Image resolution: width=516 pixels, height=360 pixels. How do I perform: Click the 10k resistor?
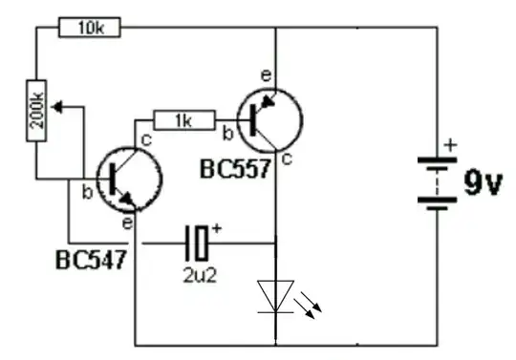(90, 28)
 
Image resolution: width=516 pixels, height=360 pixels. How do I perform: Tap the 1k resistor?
(183, 119)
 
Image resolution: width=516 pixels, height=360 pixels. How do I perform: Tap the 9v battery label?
(482, 183)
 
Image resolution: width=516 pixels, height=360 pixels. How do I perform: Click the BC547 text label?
(94, 259)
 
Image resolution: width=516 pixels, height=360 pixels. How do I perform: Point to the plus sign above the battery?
(450, 145)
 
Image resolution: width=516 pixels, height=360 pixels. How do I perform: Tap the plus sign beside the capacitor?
(217, 228)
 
